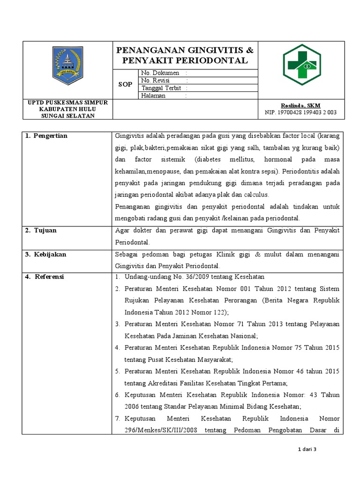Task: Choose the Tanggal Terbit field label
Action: pyautogui.click(x=161, y=88)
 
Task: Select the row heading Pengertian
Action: pyautogui.click(x=50, y=136)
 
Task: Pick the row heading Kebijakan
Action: pyautogui.click(x=49, y=255)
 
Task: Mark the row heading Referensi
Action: pyautogui.click(x=49, y=277)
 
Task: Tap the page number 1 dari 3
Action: pyautogui.click(x=307, y=450)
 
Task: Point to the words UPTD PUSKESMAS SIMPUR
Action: pyautogui.click(x=68, y=102)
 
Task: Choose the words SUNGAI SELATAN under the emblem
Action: pyautogui.click(x=68, y=116)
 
